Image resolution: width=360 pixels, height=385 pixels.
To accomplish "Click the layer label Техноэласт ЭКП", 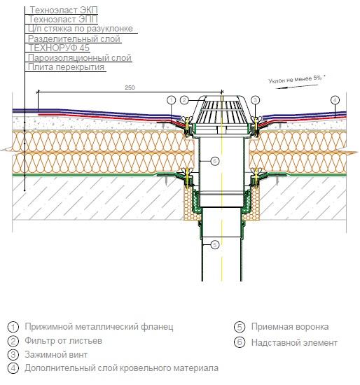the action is tap(64, 10).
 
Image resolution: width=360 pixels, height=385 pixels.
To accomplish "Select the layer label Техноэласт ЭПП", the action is tap(63, 19).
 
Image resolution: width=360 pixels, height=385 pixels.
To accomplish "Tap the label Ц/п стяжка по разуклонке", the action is tap(80, 29).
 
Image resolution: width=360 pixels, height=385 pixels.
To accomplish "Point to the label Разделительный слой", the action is tap(74, 38).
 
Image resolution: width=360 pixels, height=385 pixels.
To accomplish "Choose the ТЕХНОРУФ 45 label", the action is tap(59, 48).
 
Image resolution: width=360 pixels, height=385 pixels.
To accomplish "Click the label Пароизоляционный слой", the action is tap(79, 57).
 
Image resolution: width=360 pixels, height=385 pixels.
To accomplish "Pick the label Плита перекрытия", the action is tap(66, 67).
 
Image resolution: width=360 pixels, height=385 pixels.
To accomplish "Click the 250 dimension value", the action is tap(130, 87).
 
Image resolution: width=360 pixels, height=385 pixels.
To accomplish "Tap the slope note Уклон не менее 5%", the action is tap(296, 79).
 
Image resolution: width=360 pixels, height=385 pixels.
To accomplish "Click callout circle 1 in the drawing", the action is tap(172, 100).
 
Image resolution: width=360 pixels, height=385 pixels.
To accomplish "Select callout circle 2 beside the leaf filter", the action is tap(184, 100).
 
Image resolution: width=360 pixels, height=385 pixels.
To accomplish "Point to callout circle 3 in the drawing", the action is tap(256, 100).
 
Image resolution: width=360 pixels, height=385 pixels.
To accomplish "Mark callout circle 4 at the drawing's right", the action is tap(335, 100).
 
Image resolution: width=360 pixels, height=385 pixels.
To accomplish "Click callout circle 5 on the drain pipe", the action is tap(215, 245).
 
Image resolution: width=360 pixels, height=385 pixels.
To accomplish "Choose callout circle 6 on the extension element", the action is tap(215, 161).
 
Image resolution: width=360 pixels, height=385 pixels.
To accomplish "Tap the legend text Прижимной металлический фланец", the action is tap(99, 327).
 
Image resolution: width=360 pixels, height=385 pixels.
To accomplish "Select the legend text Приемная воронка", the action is tap(290, 327).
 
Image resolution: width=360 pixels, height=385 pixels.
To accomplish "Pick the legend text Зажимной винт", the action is tap(56, 355).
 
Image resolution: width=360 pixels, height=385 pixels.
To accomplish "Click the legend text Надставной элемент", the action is tap(294, 342).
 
